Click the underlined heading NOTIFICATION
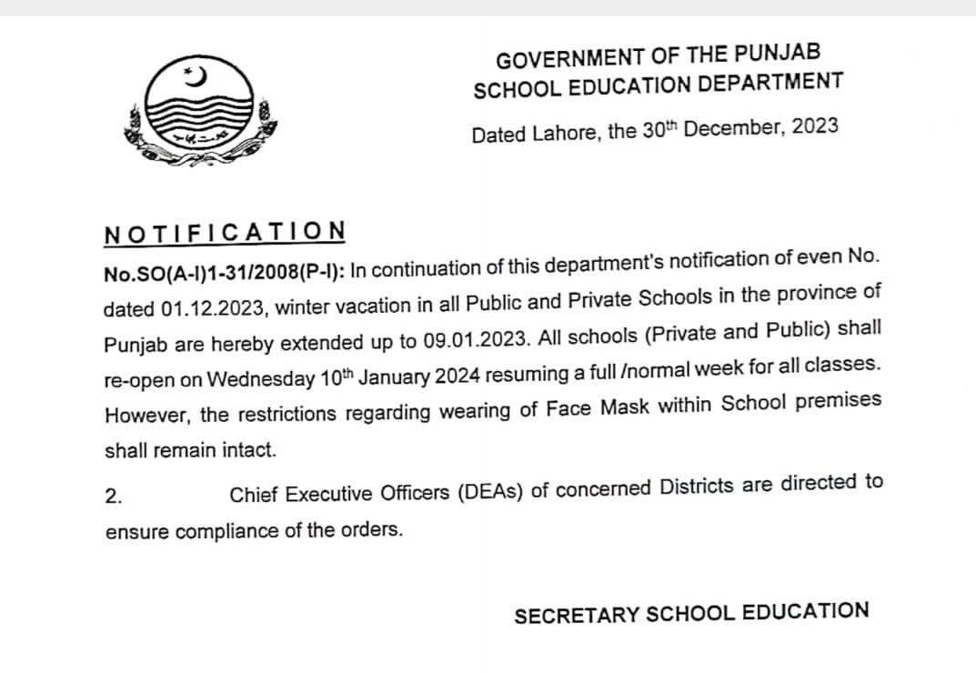(x=225, y=232)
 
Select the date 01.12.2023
(x=213, y=308)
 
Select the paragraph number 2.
(x=113, y=497)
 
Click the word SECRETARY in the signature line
(x=576, y=616)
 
